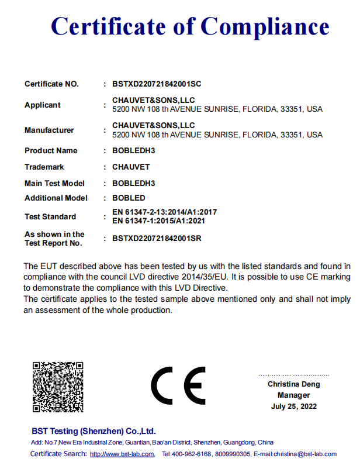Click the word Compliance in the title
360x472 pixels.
tap(265, 27)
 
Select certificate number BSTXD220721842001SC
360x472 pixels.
tap(157, 84)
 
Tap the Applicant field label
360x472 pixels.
tap(42, 105)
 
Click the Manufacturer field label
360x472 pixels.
tap(49, 130)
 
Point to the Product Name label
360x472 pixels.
tap(51, 151)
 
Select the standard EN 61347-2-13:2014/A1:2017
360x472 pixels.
tap(164, 212)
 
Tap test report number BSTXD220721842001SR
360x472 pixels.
tap(157, 239)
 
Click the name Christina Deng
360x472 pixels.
tap(294, 384)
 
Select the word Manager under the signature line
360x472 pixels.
tap(293, 395)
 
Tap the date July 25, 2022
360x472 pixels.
tap(294, 406)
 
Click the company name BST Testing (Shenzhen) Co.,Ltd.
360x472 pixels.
tap(93, 431)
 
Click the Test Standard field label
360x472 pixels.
tap(50, 217)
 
